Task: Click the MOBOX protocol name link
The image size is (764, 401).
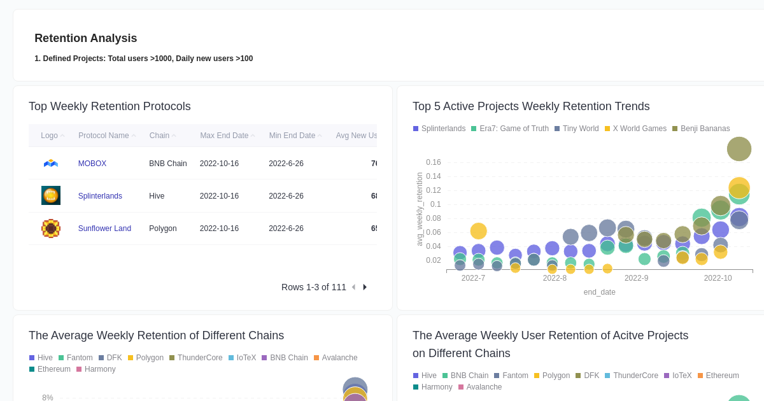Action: point(92,164)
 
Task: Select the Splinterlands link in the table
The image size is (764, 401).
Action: point(100,196)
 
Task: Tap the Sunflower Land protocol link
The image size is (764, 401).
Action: point(104,229)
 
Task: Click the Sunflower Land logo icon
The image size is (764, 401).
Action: point(51,229)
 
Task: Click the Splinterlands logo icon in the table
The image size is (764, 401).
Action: point(51,195)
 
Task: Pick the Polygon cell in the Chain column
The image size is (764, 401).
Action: point(163,229)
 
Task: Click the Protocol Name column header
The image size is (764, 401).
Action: point(103,136)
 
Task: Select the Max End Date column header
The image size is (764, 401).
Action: point(224,136)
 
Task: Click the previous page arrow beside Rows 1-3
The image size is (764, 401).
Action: point(354,287)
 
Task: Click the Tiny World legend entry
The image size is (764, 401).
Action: point(580,129)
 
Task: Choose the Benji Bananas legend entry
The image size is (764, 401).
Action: point(705,129)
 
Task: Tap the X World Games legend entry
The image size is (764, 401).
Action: point(639,129)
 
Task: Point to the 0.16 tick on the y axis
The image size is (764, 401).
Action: point(433,162)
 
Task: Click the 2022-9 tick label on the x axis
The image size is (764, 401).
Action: point(636,278)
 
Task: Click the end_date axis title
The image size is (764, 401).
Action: point(599,292)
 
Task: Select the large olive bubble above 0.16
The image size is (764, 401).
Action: point(739,149)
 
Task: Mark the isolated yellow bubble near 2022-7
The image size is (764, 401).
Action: point(478,231)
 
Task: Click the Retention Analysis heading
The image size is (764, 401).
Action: point(85,38)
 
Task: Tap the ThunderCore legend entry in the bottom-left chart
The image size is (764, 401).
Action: point(199,358)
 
